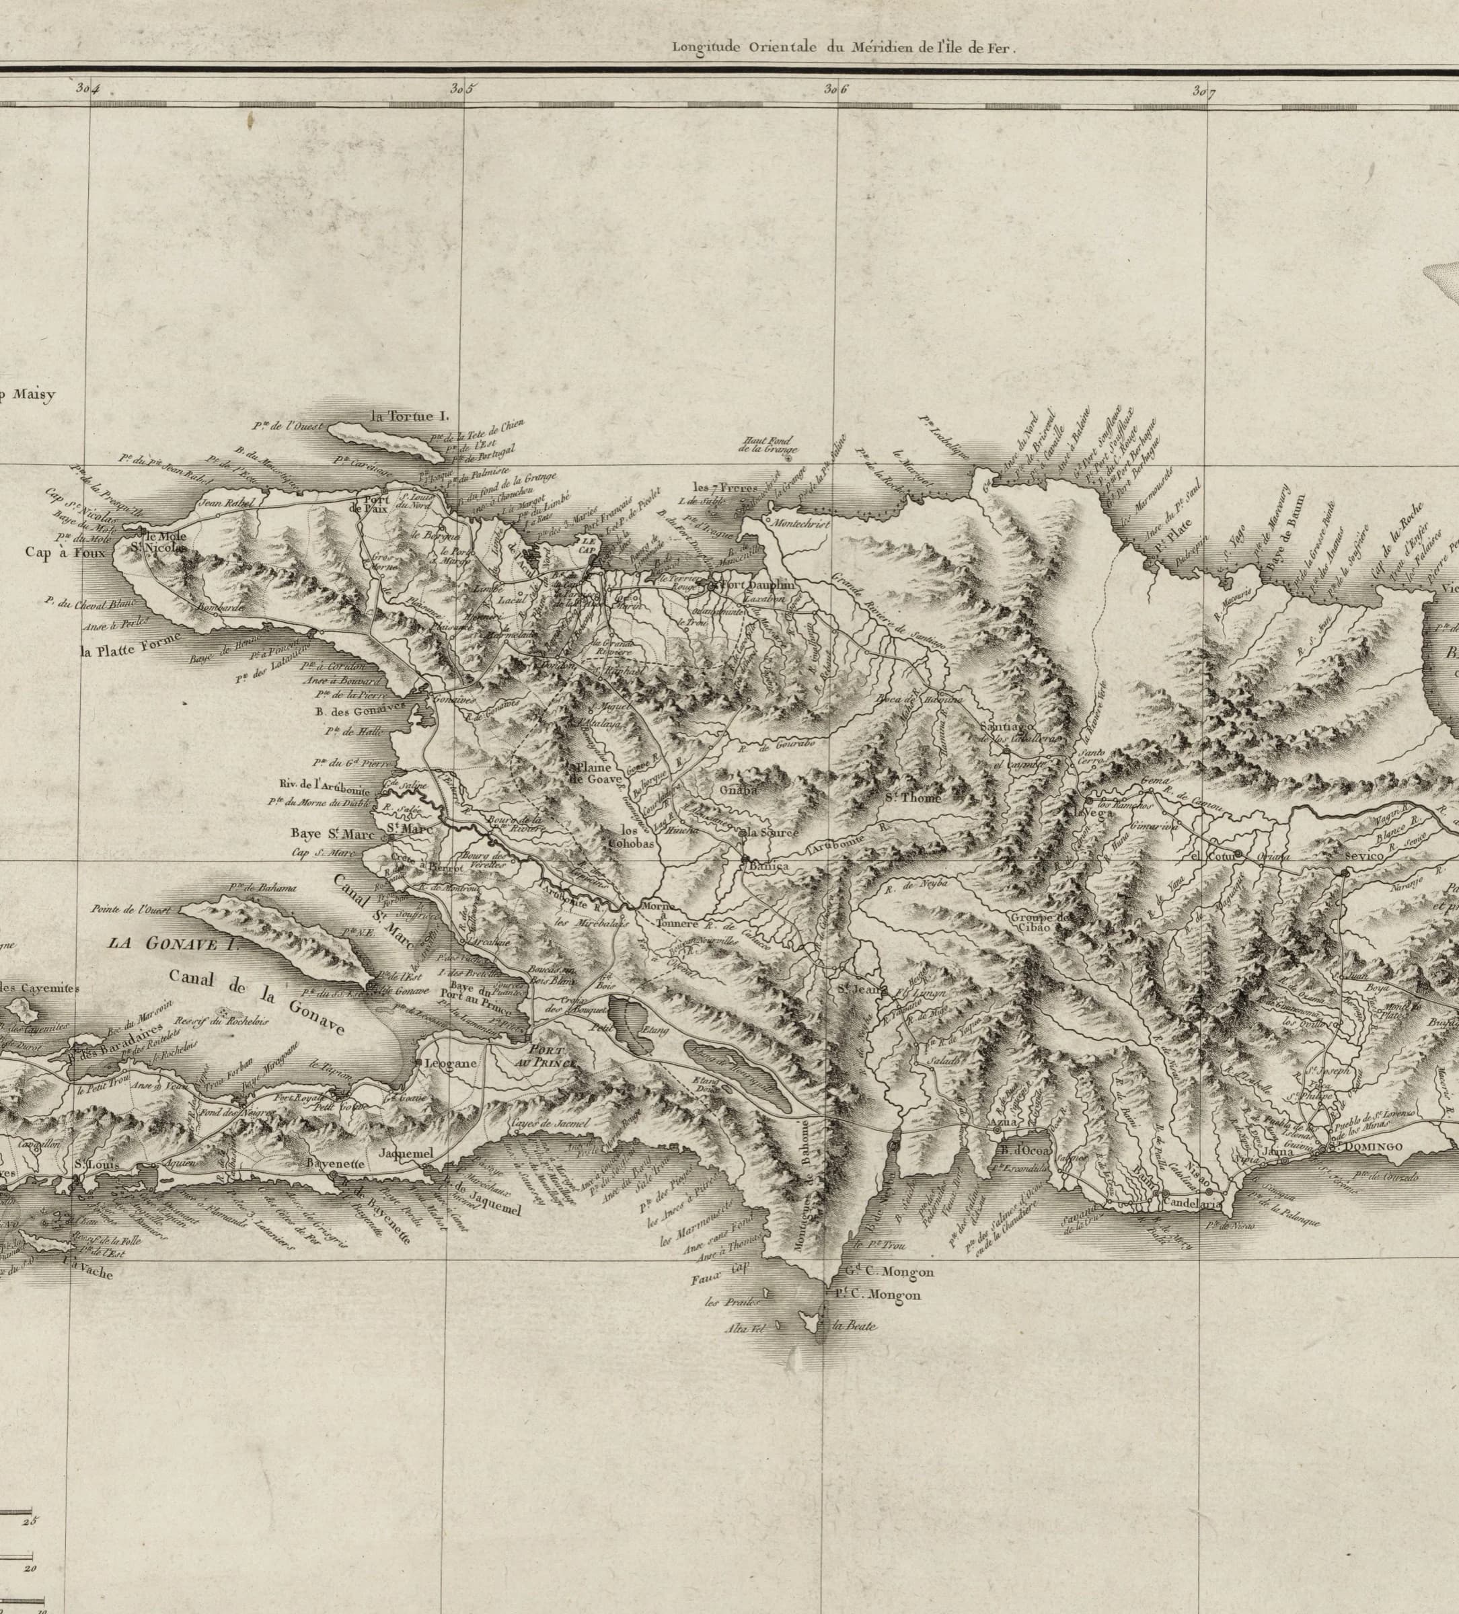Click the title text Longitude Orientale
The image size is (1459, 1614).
744,46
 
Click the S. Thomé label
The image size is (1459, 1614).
913,798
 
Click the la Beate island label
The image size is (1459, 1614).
854,1325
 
